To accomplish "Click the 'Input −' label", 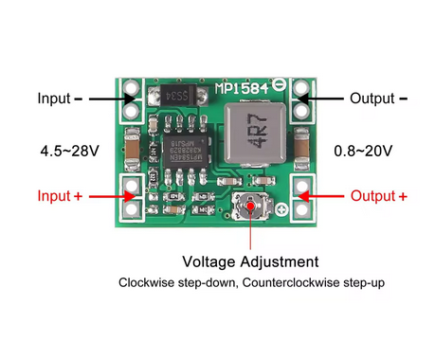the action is click(59, 98).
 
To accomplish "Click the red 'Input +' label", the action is click(65, 196).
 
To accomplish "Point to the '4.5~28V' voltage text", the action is click(70, 151).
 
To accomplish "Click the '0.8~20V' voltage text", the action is click(365, 151).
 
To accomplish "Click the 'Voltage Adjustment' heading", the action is click(250, 261).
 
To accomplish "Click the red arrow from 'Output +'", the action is click(325, 196).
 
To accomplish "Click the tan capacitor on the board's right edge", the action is click(302, 149).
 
